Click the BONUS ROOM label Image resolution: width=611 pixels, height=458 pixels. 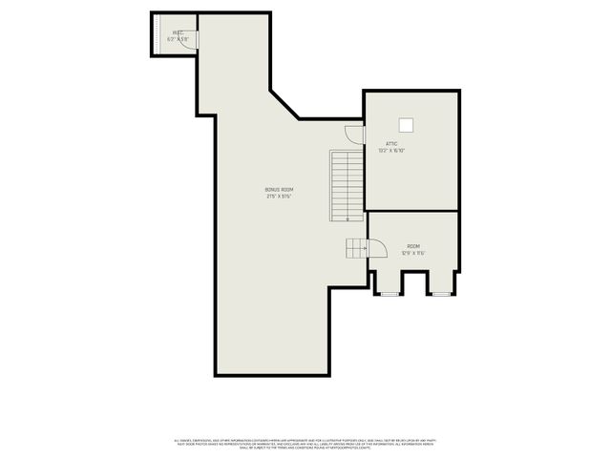tap(279, 190)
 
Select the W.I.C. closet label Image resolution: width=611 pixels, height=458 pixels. tap(178, 32)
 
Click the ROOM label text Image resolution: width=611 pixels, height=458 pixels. tap(412, 246)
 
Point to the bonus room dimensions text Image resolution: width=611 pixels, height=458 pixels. tap(279, 197)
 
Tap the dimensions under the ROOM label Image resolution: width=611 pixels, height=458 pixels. tap(412, 253)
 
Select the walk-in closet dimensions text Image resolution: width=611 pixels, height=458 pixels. tap(178, 39)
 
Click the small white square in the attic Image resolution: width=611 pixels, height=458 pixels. tap(406, 124)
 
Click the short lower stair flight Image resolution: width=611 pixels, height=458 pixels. tap(356, 248)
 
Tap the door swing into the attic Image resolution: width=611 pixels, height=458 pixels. tap(354, 135)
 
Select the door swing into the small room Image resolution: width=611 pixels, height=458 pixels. tap(375, 248)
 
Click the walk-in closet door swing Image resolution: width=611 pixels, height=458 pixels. tap(190, 41)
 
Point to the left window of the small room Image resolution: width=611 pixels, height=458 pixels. tap(389, 294)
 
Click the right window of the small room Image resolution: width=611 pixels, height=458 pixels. tap(440, 294)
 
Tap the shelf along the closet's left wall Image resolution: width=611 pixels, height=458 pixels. tap(157, 35)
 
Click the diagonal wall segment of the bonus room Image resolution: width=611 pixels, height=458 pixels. tap(284, 104)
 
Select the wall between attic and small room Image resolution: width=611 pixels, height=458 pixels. tap(412, 211)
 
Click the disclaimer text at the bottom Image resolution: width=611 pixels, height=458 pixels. tap(305, 442)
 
